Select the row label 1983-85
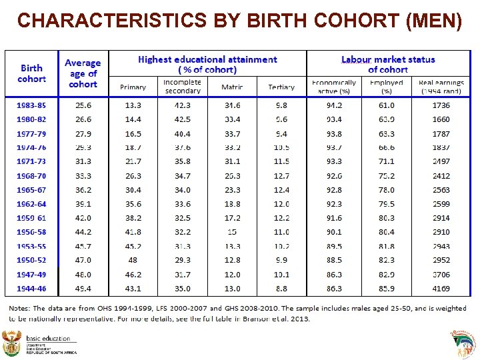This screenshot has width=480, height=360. click(31, 105)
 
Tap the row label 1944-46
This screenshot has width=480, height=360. click(31, 289)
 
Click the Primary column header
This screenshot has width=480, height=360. click(133, 87)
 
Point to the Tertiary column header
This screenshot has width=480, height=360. click(281, 87)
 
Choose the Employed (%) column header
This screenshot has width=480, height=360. click(387, 86)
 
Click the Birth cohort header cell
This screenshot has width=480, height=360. click(31, 73)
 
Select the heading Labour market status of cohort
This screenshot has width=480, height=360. click(388, 65)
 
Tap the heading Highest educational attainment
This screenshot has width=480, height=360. click(207, 60)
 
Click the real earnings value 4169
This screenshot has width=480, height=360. click(441, 289)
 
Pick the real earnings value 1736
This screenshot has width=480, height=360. click(441, 105)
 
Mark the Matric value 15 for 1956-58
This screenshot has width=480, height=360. click(231, 232)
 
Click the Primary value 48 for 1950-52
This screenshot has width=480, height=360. click(133, 260)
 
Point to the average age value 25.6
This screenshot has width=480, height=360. click(83, 105)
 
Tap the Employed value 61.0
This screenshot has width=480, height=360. click(387, 105)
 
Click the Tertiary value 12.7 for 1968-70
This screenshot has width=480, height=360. click(281, 176)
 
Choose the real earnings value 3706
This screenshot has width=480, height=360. click(441, 275)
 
